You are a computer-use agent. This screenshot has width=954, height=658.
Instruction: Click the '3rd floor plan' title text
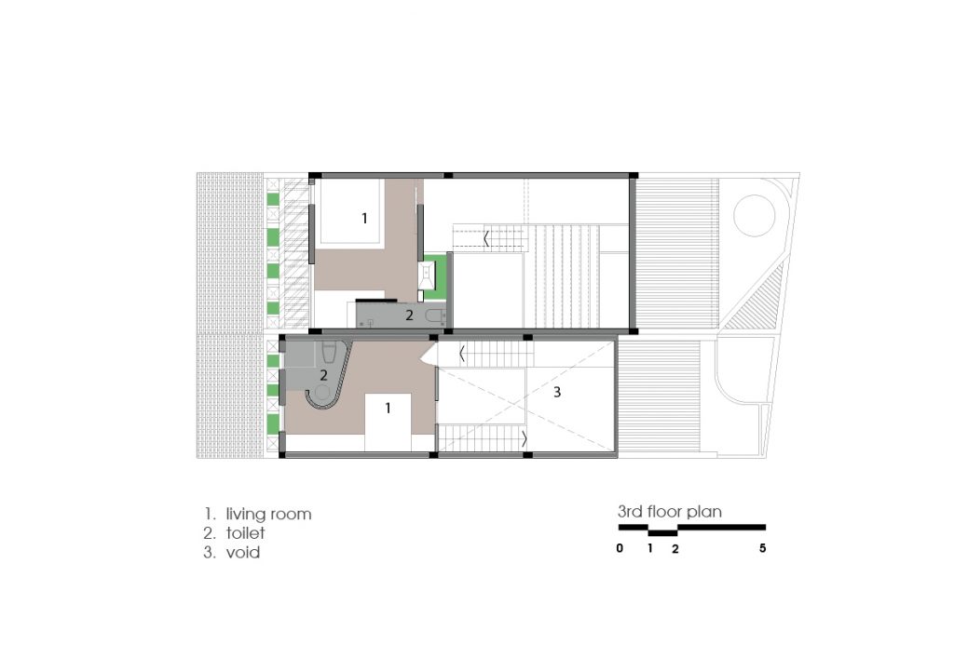click(x=669, y=512)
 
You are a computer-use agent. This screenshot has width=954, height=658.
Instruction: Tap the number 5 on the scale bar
click(x=762, y=548)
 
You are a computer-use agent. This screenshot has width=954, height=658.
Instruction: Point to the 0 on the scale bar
click(x=620, y=548)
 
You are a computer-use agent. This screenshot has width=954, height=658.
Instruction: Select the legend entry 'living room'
click(x=268, y=515)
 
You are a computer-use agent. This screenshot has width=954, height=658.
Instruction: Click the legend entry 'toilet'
click(x=245, y=533)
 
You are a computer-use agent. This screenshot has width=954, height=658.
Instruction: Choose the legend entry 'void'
click(x=243, y=552)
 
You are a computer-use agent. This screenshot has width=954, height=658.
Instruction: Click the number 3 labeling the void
click(x=557, y=393)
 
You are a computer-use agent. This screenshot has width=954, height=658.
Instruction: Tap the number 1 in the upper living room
click(x=364, y=218)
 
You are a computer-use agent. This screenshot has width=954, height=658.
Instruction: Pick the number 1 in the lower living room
click(x=388, y=409)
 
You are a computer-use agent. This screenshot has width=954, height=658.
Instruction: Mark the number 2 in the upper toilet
click(x=410, y=315)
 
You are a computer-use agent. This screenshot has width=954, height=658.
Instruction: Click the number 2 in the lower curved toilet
click(x=323, y=375)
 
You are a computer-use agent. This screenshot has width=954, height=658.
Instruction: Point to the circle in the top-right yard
click(x=755, y=216)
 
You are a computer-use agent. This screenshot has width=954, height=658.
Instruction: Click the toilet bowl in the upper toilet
click(x=434, y=316)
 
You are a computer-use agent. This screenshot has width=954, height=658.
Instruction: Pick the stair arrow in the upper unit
click(x=486, y=237)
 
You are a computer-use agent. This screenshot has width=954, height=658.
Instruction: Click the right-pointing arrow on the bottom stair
click(x=525, y=437)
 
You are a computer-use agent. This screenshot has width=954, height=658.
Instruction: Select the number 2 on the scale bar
click(x=675, y=548)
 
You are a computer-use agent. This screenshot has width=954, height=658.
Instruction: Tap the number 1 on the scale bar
click(x=649, y=548)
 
